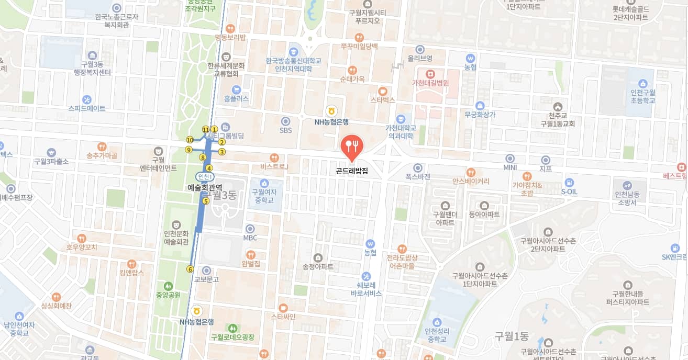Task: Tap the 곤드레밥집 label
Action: pos(352,171)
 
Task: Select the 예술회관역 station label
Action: pos(205,187)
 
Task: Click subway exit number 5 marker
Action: pos(206,201)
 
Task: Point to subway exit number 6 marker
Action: pos(190,269)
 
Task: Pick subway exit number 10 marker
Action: pos(190,140)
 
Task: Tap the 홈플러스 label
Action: pos(236,98)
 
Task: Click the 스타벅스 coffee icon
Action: pos(382,91)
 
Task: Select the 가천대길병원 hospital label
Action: pos(434,83)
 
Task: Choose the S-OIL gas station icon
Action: pos(569,182)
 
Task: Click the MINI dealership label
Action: pos(510,167)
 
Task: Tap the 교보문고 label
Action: pos(206,279)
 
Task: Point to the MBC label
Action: pos(250,238)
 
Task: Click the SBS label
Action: pos(285,130)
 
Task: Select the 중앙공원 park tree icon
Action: pos(168,286)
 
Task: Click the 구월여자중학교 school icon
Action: pos(264,183)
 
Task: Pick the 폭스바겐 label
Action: pos(417,177)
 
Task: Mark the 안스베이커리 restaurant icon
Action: pos(471,172)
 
